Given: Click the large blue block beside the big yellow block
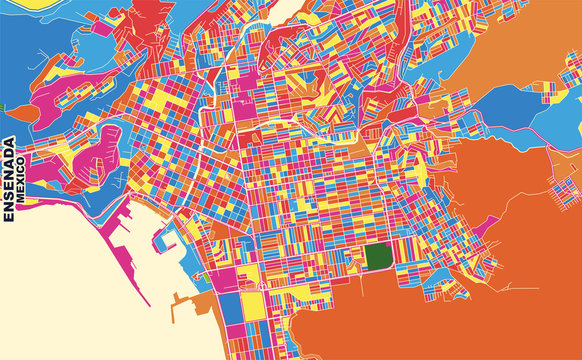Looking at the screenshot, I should (230, 310).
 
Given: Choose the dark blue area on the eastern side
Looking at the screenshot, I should (520, 110).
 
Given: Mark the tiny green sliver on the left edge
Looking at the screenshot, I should (2, 107).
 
